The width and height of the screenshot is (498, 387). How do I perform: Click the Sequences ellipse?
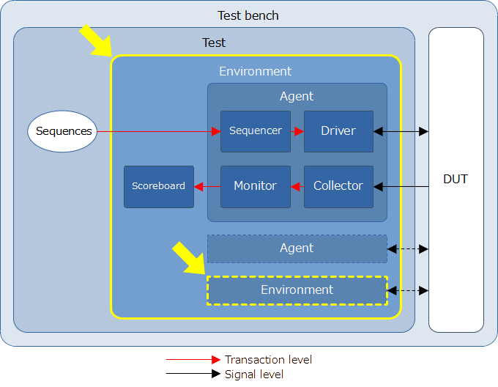pos(62,131)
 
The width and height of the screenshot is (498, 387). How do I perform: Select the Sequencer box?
pos(256,131)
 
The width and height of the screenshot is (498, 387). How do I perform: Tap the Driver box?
pos(338,131)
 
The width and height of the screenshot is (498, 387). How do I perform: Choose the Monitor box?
pos(256,186)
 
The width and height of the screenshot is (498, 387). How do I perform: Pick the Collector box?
pos(338,186)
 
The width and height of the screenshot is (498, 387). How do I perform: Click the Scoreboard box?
pos(159,186)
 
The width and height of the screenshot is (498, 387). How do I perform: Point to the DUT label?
pos(456,179)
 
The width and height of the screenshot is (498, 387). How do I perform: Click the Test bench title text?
pos(248,15)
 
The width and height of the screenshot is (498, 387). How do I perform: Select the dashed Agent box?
pos(297,248)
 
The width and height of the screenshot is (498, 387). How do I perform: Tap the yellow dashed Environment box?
pos(297,290)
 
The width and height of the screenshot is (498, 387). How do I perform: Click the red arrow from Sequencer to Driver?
pos(297,131)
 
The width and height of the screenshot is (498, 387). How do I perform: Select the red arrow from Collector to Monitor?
pos(297,186)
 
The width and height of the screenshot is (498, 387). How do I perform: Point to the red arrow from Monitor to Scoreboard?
pos(207,186)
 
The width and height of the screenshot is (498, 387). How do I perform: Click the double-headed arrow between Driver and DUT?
pos(401,131)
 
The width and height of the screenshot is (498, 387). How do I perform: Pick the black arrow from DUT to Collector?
pos(401,186)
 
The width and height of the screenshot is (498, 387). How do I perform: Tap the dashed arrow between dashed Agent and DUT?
pos(408,249)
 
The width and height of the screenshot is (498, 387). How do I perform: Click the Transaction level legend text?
pos(268,360)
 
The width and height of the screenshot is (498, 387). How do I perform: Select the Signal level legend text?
pos(254,375)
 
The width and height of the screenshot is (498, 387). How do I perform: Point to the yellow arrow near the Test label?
pos(96,40)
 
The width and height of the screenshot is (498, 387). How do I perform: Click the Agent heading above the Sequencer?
pos(297,96)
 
